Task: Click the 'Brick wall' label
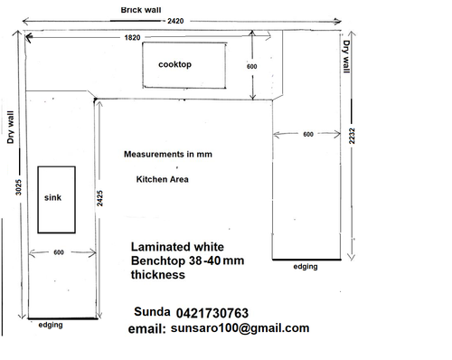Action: [x=141, y=10]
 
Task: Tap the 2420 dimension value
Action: [x=175, y=21]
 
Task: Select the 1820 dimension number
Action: [x=132, y=38]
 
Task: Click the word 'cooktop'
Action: [x=174, y=64]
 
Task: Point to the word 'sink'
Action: [x=52, y=198]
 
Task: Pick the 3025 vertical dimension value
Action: [x=19, y=187]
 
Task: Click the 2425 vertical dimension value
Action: [x=99, y=198]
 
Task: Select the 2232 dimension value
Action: [x=352, y=136]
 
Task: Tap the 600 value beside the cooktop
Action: [x=252, y=67]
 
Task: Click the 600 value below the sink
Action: [x=59, y=252]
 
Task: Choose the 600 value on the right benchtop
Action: [x=308, y=134]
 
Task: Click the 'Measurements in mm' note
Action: [x=168, y=155]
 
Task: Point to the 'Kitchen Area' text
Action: [x=163, y=179]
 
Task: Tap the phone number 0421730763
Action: [x=212, y=313]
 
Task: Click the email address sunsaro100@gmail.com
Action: [x=240, y=328]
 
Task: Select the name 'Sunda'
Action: [x=152, y=312]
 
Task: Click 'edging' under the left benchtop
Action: [x=51, y=325]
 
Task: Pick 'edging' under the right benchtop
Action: [x=306, y=267]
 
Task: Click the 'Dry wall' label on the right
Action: [x=347, y=56]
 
